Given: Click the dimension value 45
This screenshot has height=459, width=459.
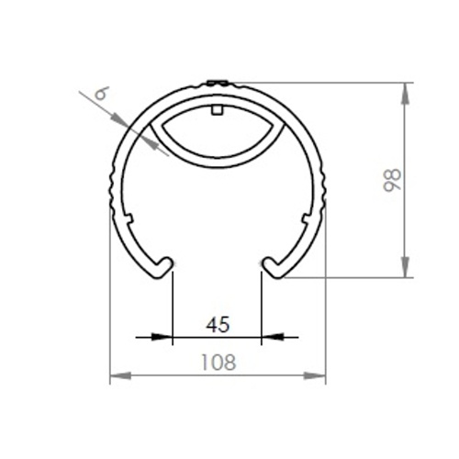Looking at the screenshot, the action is pos(218,325).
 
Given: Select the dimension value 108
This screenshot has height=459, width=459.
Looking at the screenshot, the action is pos(218,363).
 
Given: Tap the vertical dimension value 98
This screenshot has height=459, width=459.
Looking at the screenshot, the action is pos(392,180).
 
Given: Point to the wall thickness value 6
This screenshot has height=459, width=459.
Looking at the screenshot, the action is pos(102,93).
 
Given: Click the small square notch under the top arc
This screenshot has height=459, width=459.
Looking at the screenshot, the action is pos(217,110).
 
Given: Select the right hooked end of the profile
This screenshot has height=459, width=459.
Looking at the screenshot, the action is pos(274,267).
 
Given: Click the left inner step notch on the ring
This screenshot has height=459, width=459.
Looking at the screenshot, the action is pos(129,218).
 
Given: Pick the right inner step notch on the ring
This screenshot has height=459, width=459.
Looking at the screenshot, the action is pos(307,218).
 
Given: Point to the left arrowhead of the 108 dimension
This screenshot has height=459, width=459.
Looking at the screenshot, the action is pos(120,375).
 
